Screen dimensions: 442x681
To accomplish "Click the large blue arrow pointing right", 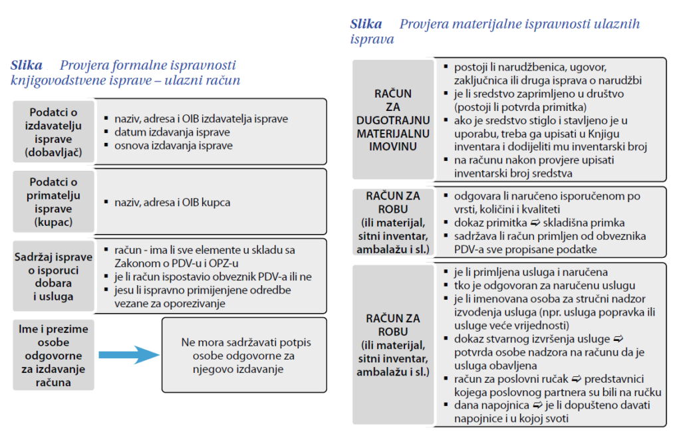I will (127, 354).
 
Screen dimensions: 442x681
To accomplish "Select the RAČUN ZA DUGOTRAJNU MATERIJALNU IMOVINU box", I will (392, 120).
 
